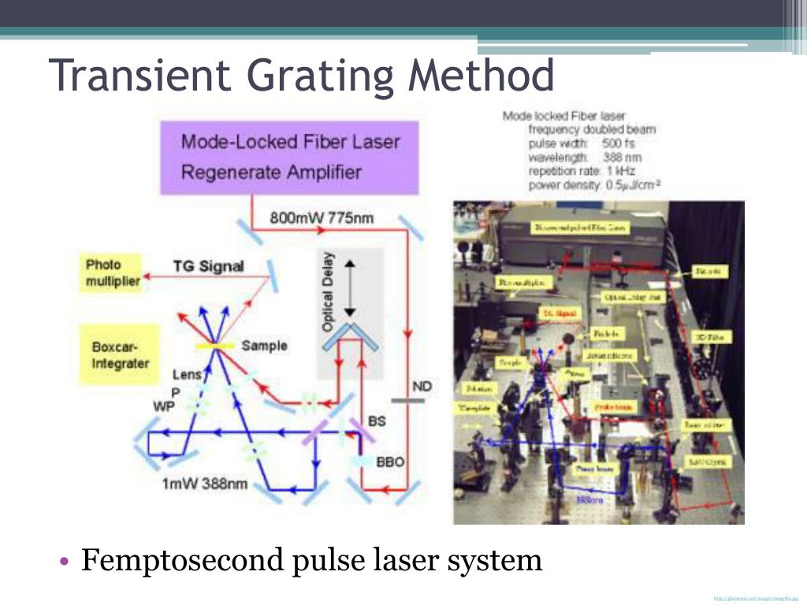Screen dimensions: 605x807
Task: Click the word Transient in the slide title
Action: [142, 76]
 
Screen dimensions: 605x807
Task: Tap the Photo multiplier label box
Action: [113, 273]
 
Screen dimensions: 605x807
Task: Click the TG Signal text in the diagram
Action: [209, 266]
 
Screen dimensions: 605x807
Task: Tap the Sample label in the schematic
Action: [264, 346]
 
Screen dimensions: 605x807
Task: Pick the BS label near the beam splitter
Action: [377, 421]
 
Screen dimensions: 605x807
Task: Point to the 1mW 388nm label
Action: [205, 484]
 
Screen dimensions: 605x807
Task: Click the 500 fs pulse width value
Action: [619, 143]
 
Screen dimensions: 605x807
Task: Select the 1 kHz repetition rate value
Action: [622, 171]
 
